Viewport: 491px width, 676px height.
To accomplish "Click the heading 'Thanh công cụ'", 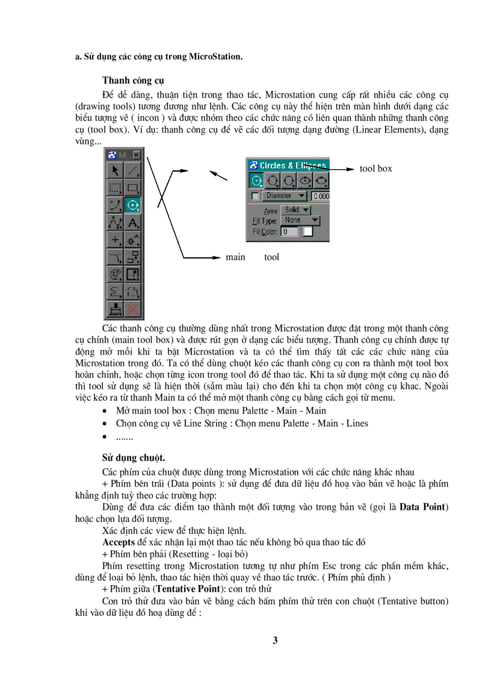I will [x=133, y=80].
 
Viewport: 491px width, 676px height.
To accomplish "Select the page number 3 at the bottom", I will [x=275, y=640].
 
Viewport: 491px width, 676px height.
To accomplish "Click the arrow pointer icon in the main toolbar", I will [x=115, y=170].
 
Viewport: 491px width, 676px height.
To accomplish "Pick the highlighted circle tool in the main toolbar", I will [x=132, y=205].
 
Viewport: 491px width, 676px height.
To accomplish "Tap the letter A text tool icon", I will [x=132, y=223].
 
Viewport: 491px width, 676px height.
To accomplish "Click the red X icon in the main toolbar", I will [x=132, y=309].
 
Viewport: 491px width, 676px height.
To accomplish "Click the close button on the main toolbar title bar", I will [x=137, y=155].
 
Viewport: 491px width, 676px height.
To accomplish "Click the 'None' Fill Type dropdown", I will [x=300, y=220].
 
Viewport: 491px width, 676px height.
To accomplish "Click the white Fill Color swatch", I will [x=307, y=231].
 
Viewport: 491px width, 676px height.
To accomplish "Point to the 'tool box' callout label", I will [x=375, y=169].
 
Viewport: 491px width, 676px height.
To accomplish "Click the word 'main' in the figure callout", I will [x=235, y=257].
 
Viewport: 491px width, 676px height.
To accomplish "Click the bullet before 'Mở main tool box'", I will [x=106, y=411].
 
